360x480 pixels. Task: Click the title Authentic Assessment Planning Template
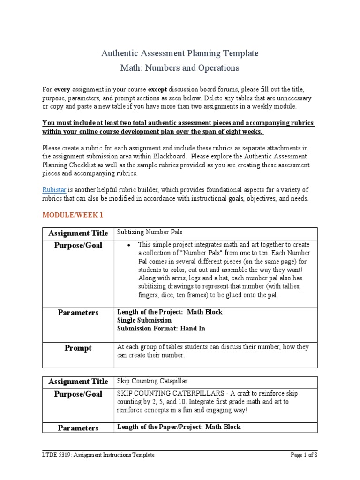(x=180, y=53)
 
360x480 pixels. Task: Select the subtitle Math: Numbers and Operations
(x=180, y=68)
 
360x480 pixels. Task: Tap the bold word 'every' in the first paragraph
(x=62, y=89)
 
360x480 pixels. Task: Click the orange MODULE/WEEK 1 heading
(x=73, y=215)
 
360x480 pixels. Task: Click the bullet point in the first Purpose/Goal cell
(x=128, y=245)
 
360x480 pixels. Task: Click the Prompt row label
(x=78, y=348)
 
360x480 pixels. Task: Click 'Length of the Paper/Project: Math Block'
(x=178, y=427)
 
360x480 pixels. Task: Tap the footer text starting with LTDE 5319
(x=98, y=455)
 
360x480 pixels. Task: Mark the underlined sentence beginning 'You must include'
(x=179, y=127)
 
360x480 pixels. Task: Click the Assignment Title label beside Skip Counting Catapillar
(x=78, y=382)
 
